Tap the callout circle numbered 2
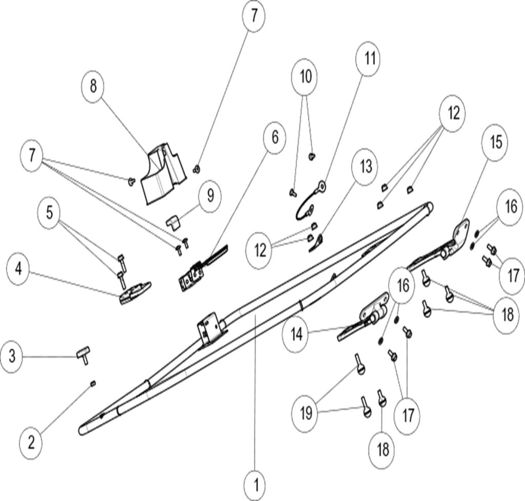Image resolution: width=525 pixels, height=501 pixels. [x=32, y=442]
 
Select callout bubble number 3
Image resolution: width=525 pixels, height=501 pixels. [x=14, y=356]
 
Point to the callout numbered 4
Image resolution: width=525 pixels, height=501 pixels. [x=19, y=269]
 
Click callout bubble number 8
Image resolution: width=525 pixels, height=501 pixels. [x=93, y=86]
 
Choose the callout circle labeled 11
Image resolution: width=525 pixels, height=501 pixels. [x=369, y=59]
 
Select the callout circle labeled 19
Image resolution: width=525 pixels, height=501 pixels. [x=306, y=413]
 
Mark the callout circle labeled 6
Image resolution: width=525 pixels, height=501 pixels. [x=275, y=137]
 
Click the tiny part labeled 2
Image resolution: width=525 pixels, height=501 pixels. [x=93, y=383]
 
